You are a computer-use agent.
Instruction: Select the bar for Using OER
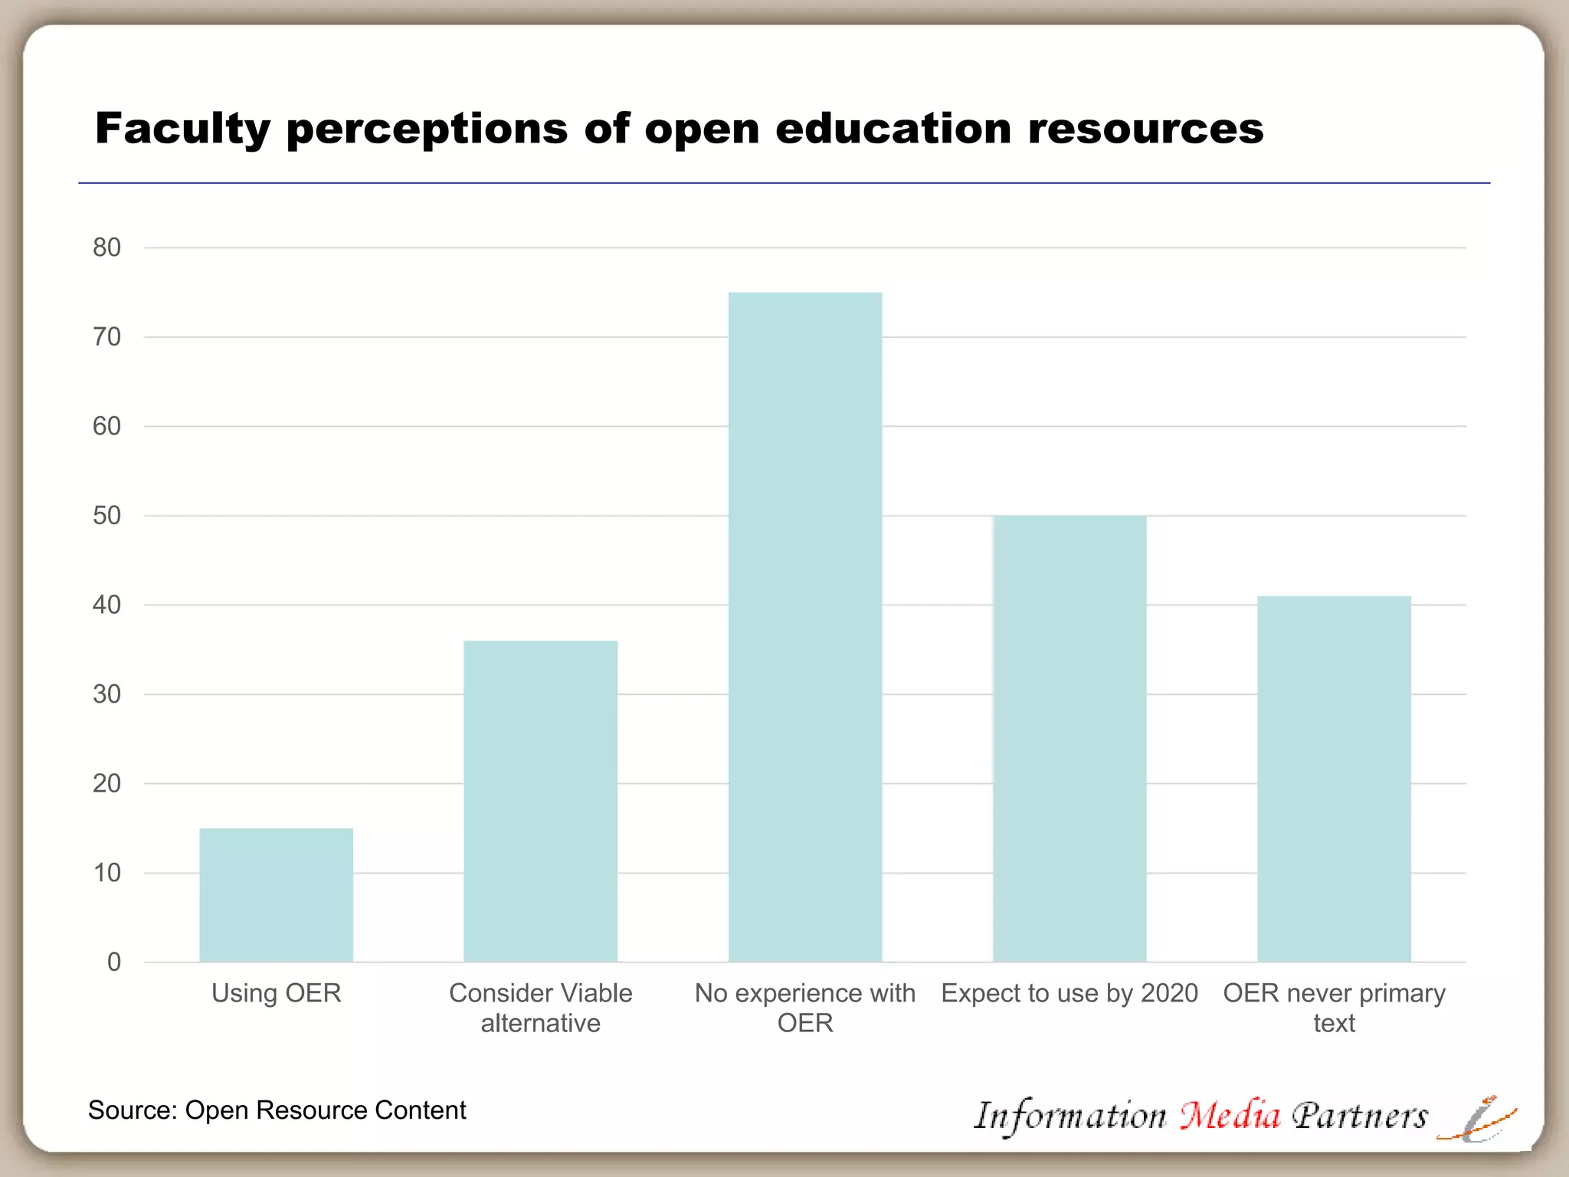[x=276, y=895]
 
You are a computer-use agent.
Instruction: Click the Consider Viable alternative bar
[x=540, y=801]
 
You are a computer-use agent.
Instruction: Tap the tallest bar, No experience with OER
[x=804, y=627]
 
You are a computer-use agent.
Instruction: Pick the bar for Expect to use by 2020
[x=1069, y=739]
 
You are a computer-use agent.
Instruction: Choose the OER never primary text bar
[x=1334, y=779]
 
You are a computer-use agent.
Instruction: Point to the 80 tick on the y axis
[x=107, y=248]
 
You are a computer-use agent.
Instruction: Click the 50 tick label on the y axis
[x=107, y=516]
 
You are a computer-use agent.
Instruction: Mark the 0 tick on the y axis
[x=114, y=962]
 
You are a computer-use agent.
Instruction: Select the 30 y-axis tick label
[x=107, y=694]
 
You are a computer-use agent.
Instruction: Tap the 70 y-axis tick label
[x=107, y=337]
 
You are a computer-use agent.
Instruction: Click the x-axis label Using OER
[x=276, y=993]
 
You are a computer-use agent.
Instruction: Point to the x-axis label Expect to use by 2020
[x=1069, y=993]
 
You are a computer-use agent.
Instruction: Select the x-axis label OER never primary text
[x=1334, y=1008]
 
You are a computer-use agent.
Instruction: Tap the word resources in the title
[x=1145, y=129]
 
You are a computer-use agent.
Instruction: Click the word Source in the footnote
[x=131, y=1110]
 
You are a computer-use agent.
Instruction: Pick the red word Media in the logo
[x=1230, y=1115]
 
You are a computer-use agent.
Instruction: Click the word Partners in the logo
[x=1360, y=1115]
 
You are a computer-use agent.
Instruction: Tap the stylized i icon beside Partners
[x=1476, y=1119]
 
